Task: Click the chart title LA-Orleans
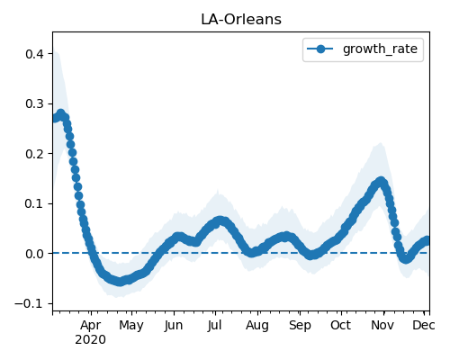click(x=241, y=20)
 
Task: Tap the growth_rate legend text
click(x=380, y=49)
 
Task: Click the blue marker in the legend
click(x=320, y=49)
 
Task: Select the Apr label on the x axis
click(x=91, y=326)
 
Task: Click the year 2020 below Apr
click(x=90, y=340)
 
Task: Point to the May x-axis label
click(x=131, y=326)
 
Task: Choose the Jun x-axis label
click(x=174, y=326)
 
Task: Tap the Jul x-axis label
click(x=214, y=326)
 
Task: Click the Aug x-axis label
click(x=257, y=326)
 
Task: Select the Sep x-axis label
click(x=300, y=326)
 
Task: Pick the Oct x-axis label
click(x=341, y=326)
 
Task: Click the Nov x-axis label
click(x=382, y=326)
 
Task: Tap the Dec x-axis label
click(x=424, y=326)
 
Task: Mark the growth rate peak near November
click(x=381, y=182)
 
